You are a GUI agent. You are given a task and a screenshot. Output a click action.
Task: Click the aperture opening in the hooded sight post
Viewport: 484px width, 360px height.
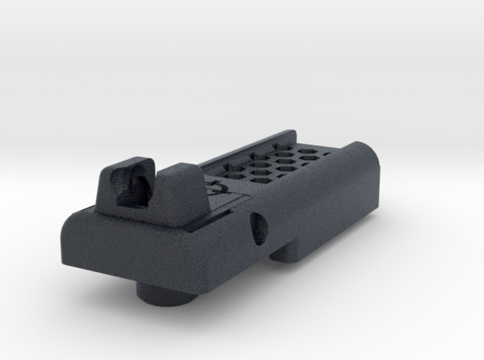pyautogui.click(x=133, y=186)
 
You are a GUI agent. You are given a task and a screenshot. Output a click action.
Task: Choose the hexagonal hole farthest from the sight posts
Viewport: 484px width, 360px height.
pyautogui.click(x=281, y=146)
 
